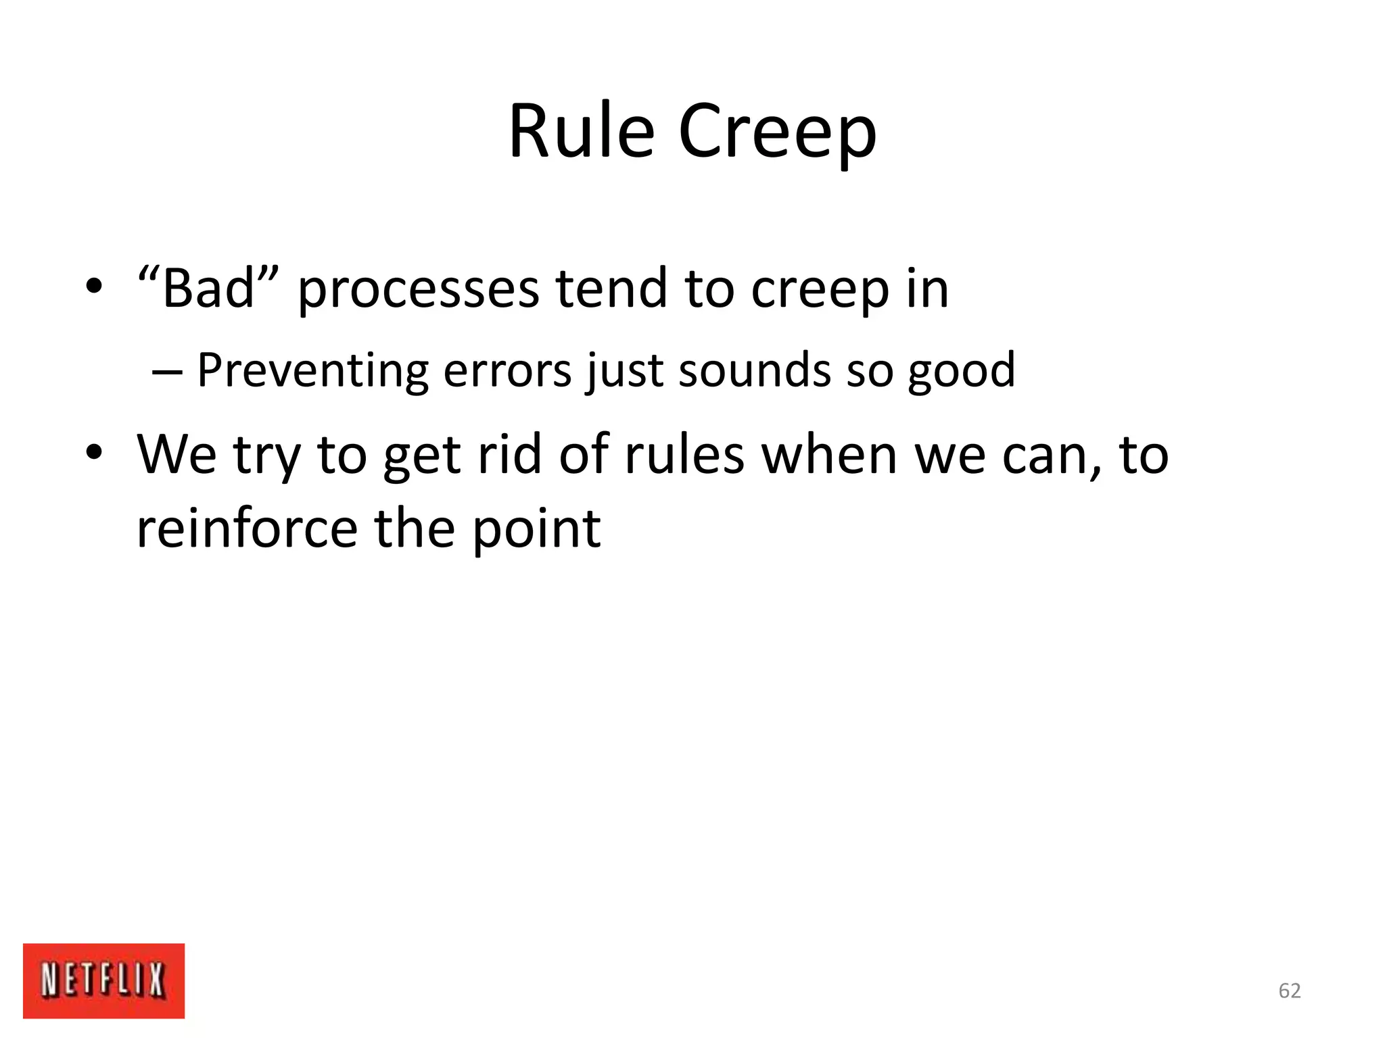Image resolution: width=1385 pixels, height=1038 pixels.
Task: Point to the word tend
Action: tap(611, 288)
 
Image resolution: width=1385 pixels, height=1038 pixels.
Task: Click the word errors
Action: tap(507, 372)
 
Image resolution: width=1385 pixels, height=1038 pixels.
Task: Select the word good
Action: tap(961, 372)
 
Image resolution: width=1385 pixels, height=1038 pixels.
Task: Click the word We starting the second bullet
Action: tap(177, 454)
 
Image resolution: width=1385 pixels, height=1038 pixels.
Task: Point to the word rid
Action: tap(509, 454)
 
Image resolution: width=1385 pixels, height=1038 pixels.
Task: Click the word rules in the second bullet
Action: tap(684, 454)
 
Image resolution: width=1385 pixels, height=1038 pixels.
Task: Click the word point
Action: tap(536, 529)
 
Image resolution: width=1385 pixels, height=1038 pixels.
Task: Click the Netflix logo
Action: tap(103, 981)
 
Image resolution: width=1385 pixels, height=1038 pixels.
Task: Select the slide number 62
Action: tap(1289, 991)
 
